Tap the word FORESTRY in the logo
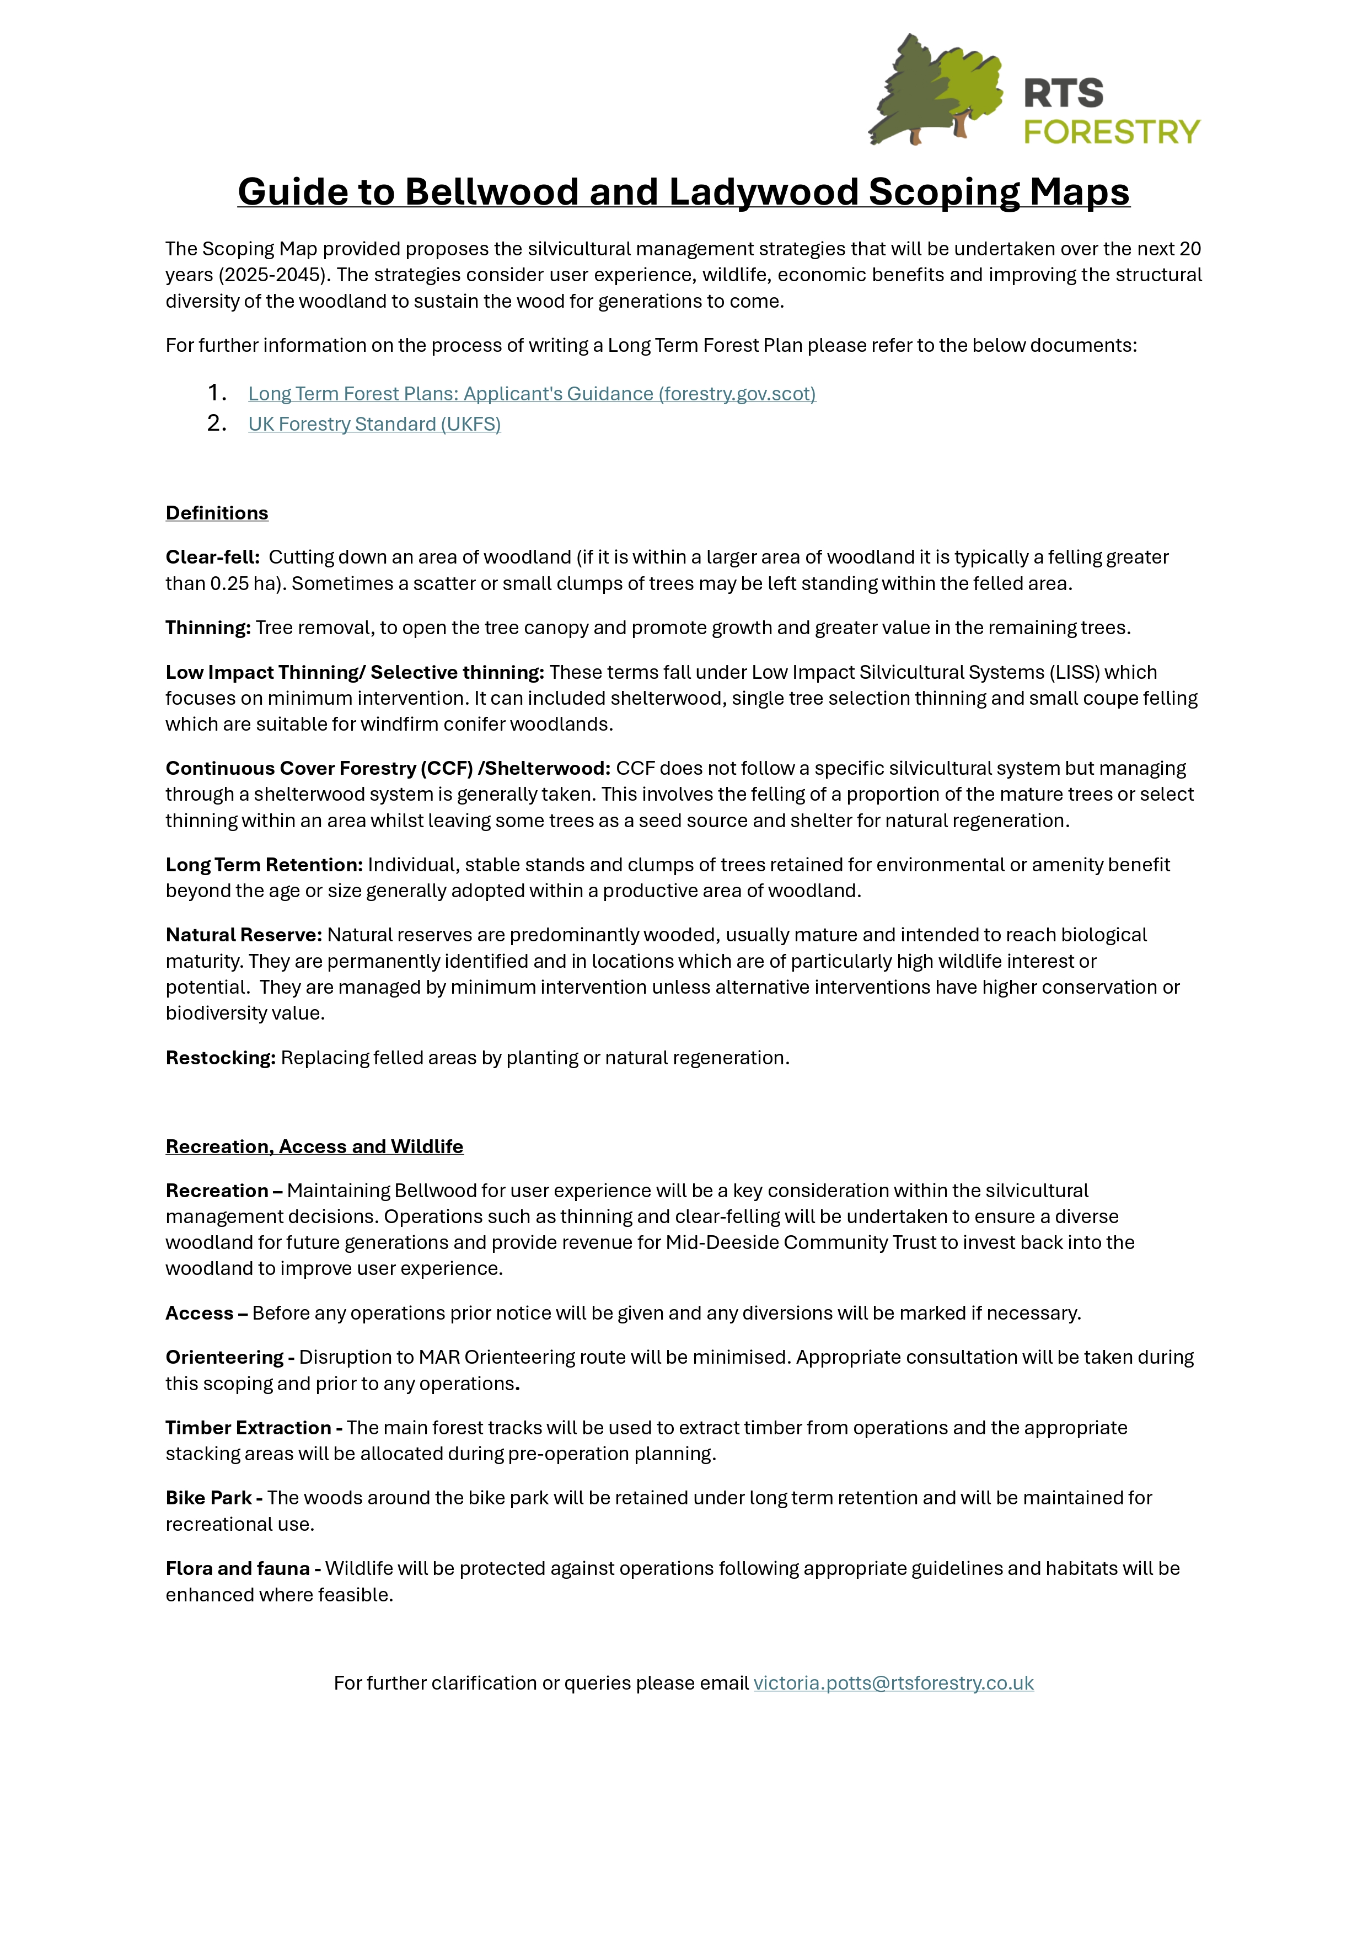[x=1111, y=132]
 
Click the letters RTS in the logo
[x=1063, y=94]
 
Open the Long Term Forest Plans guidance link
[x=531, y=394]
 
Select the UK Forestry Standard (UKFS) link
[x=374, y=424]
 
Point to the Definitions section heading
[x=217, y=513]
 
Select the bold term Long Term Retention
[x=264, y=865]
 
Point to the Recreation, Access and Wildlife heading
[x=314, y=1146]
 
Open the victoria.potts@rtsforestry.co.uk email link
[x=893, y=1683]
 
